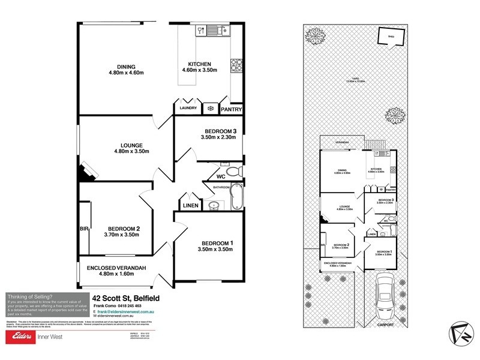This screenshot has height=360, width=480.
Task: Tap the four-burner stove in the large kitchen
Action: (236, 63)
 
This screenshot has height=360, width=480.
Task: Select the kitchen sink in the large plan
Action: (222, 29)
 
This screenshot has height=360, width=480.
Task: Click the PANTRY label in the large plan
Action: (231, 110)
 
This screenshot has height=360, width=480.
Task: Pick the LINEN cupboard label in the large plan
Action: (190, 205)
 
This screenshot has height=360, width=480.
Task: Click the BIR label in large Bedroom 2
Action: (85, 229)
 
